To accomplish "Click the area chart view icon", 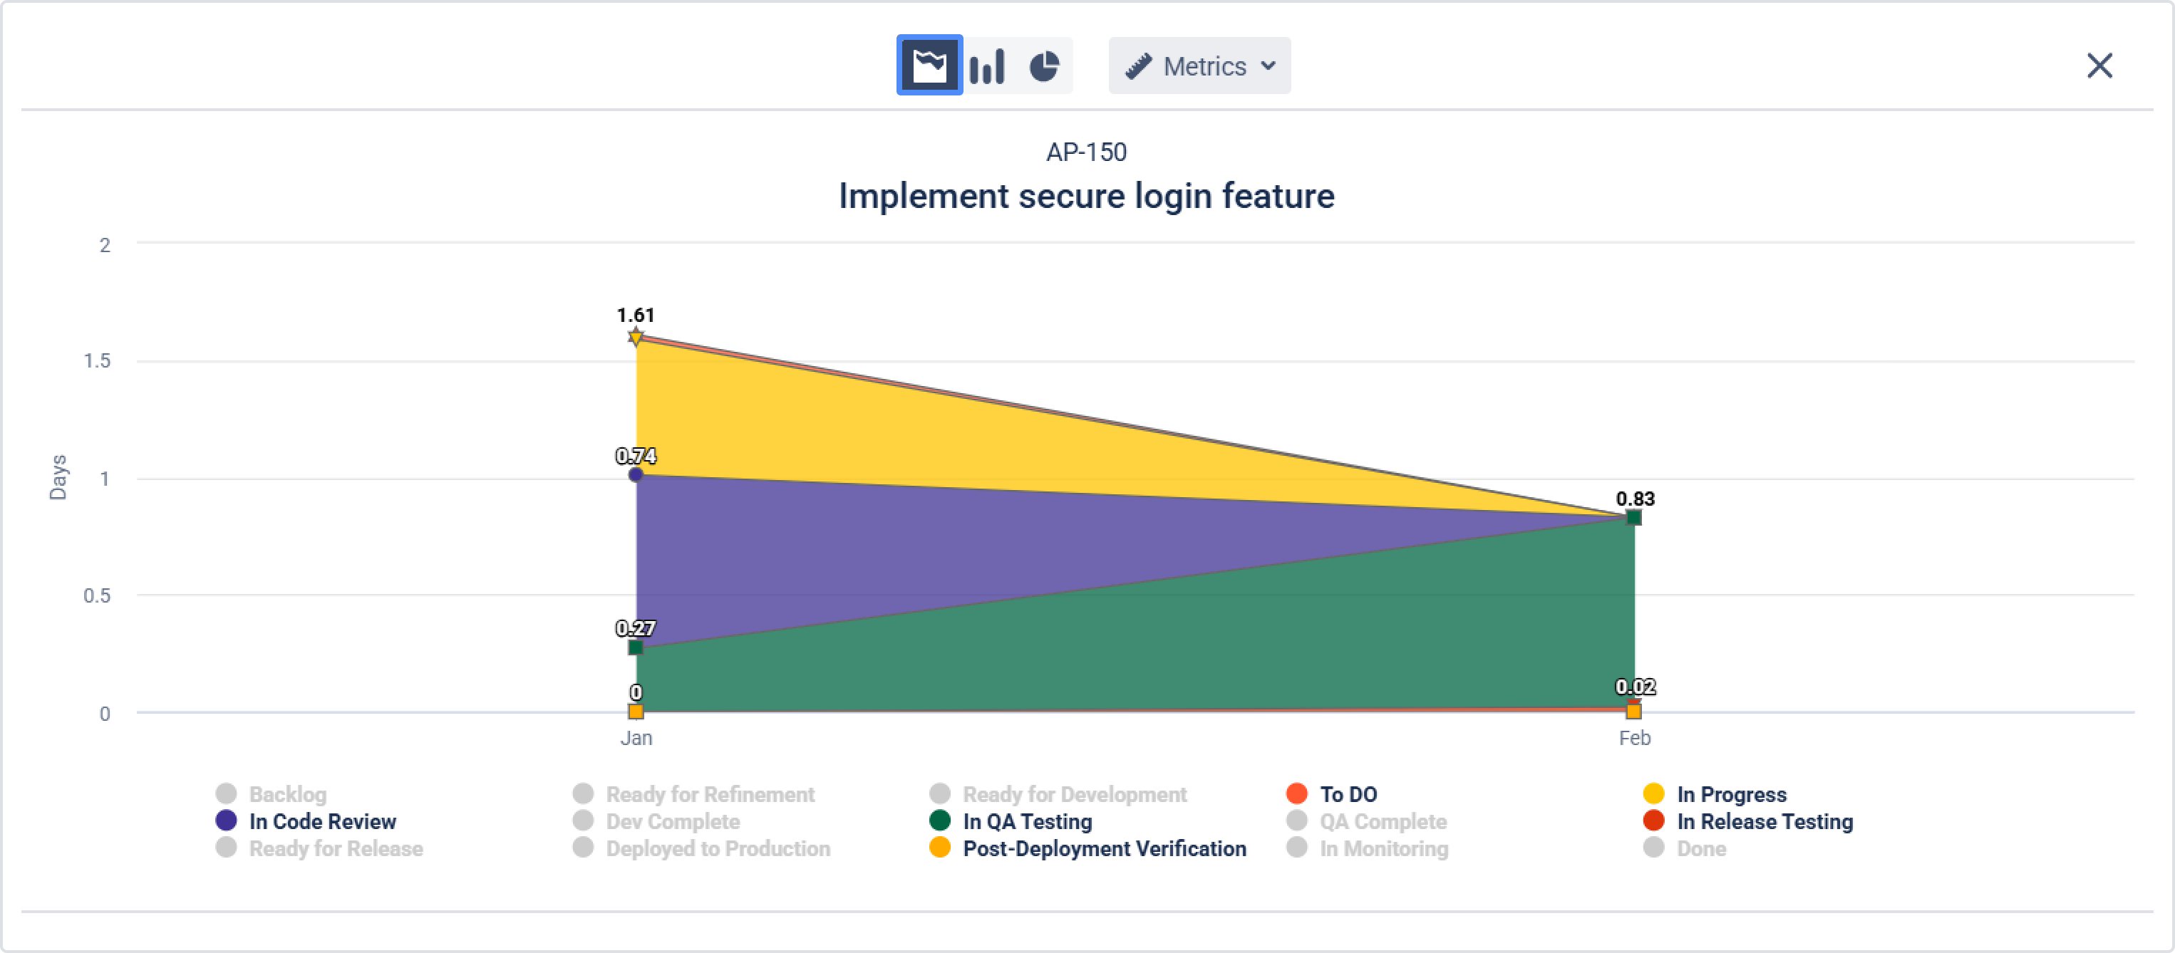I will (x=929, y=65).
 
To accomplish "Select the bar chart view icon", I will (x=986, y=65).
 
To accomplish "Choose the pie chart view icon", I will (x=1045, y=65).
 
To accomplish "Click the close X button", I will (x=2099, y=65).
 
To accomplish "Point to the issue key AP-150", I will (x=1086, y=152).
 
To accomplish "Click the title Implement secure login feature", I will (x=1086, y=196).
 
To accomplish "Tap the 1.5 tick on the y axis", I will (x=97, y=360).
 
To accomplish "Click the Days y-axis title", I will (x=58, y=477).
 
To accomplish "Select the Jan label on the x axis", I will (x=636, y=738).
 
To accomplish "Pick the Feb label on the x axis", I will (x=1634, y=738).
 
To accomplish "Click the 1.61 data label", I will (x=636, y=315).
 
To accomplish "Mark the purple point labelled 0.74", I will (x=636, y=474).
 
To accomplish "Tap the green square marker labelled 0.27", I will (x=636, y=647).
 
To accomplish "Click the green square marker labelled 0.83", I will (x=1634, y=517).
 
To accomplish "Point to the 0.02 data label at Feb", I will (x=1635, y=687).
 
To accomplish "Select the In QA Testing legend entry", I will (x=1027, y=821).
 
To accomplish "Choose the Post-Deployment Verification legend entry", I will (x=1104, y=848).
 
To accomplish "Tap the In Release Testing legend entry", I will (x=1764, y=821).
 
